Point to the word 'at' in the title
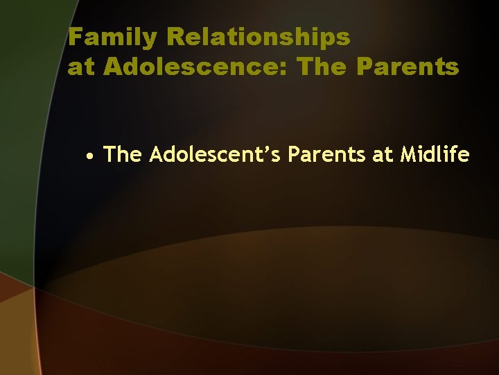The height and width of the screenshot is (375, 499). click(x=82, y=67)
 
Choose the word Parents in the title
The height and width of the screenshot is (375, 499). click(x=408, y=67)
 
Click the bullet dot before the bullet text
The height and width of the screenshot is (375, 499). click(x=91, y=156)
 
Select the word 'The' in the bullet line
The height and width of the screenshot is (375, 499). click(x=123, y=155)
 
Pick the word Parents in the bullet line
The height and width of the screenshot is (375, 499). click(x=327, y=155)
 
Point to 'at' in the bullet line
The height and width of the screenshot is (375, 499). click(x=383, y=155)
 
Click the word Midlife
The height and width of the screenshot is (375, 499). click(x=435, y=155)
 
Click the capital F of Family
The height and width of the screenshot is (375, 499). click(x=76, y=37)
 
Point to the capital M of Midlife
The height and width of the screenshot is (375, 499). click(x=410, y=155)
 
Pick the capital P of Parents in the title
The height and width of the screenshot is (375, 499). click(x=365, y=67)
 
